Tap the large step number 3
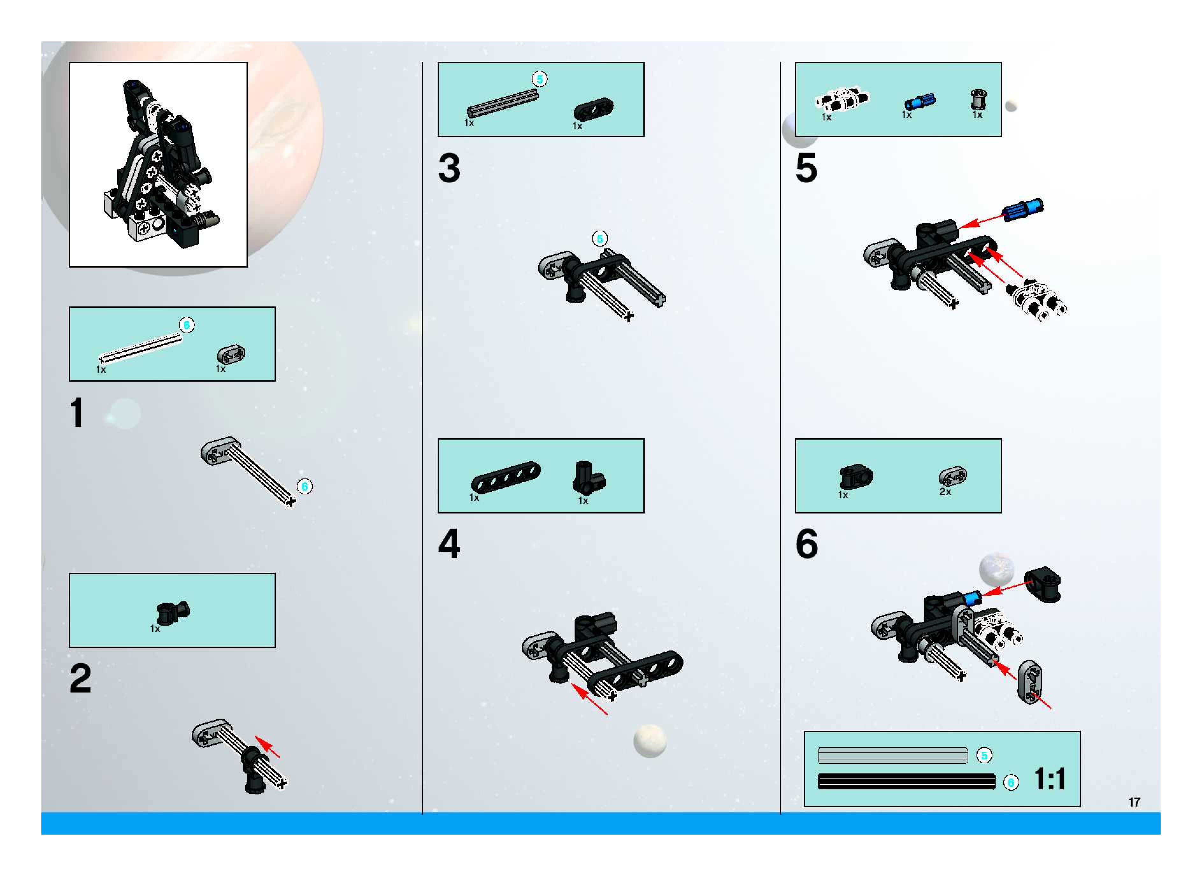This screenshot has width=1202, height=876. [x=449, y=168]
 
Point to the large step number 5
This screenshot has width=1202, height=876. [x=806, y=168]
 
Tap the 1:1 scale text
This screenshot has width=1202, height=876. [x=1050, y=779]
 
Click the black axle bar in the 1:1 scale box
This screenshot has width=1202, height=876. [x=907, y=782]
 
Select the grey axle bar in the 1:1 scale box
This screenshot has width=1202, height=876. [x=893, y=755]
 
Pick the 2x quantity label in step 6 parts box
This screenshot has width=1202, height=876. [x=945, y=492]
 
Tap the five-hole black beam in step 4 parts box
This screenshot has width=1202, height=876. [x=506, y=477]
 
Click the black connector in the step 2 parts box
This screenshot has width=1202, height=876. [x=173, y=613]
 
